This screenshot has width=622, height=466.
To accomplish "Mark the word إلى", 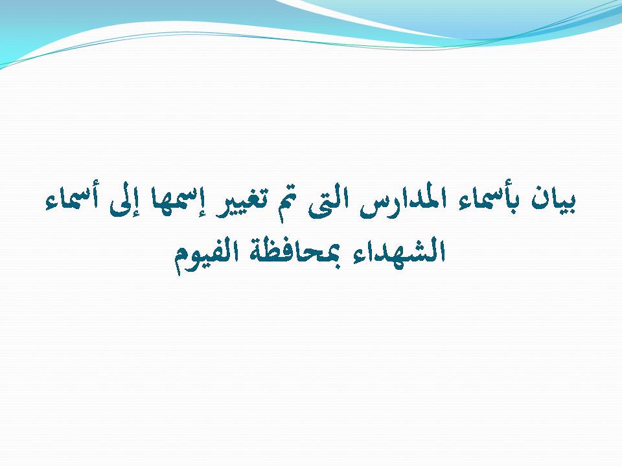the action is click(122, 201).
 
